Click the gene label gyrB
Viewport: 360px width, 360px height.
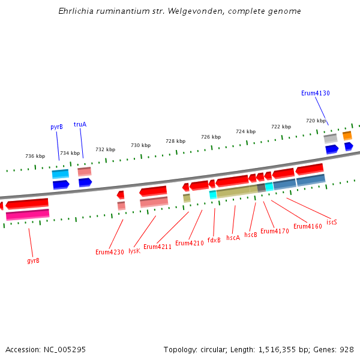[34, 260]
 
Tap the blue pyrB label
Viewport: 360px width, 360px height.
[56, 127]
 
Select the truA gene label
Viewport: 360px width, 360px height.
[80, 124]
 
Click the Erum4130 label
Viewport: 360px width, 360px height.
[315, 93]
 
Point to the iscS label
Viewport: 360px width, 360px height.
[331, 222]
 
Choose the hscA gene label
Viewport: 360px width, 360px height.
[233, 238]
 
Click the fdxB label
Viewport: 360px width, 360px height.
[214, 239]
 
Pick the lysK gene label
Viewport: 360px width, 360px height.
[134, 251]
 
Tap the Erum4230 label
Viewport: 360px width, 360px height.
[109, 252]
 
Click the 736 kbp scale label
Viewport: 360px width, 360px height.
[35, 156]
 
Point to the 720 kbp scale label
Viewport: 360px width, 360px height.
[316, 121]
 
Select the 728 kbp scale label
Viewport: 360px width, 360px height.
[175, 141]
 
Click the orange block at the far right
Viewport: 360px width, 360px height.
[347, 136]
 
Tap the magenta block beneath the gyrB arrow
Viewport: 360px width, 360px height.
[28, 214]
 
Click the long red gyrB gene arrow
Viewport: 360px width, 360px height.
[27, 204]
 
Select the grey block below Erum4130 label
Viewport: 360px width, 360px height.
[331, 139]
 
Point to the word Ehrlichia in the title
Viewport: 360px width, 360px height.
[76, 11]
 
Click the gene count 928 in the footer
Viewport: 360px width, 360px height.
[347, 349]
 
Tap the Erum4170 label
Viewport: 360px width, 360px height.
[274, 231]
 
